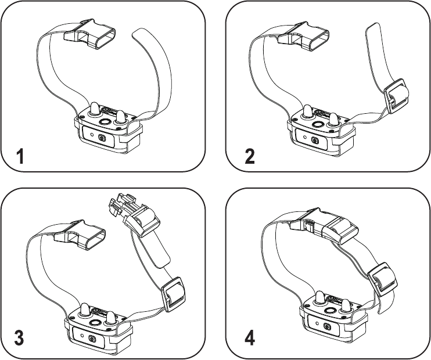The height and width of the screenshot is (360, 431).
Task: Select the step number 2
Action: pyautogui.click(x=249, y=157)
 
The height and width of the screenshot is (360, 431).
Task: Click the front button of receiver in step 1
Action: pyautogui.click(x=102, y=138)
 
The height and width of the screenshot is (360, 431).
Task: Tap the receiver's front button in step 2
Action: pyautogui.click(x=315, y=141)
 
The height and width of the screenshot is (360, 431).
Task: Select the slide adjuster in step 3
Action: pyautogui.click(x=174, y=293)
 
